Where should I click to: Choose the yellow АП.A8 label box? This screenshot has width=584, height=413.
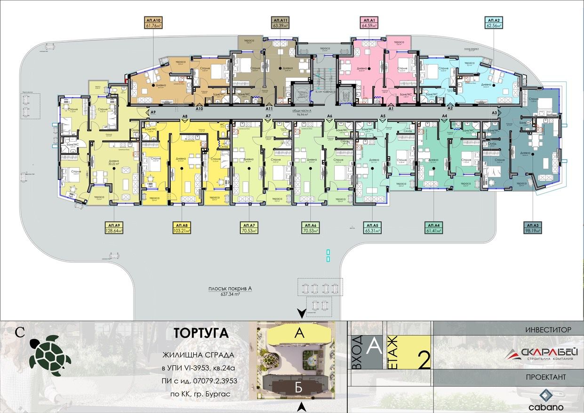coord(181,228)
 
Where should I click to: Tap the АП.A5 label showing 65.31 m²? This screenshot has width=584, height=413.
coord(372,228)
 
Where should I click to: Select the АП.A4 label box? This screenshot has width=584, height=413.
coord(433,228)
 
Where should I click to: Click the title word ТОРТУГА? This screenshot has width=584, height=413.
coord(201,333)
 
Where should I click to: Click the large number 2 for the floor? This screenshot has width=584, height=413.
coord(424,360)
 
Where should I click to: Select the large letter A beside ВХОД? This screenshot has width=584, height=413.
coord(374,346)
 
